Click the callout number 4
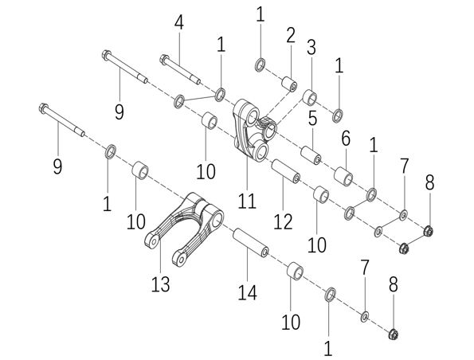point(179,22)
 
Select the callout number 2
point(291,35)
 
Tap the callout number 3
point(311,48)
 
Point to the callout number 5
point(312,118)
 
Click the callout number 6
point(346,139)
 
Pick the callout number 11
point(247,201)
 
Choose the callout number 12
point(283,221)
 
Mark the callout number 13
point(160,284)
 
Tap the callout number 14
point(247,293)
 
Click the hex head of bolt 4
point(164,59)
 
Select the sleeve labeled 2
point(290,84)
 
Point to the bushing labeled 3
point(310,97)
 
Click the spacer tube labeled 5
point(311,155)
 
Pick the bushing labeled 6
point(343,175)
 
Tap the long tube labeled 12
point(286,171)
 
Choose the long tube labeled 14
point(250,243)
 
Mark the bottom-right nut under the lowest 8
point(394,334)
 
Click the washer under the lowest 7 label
point(365,316)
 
